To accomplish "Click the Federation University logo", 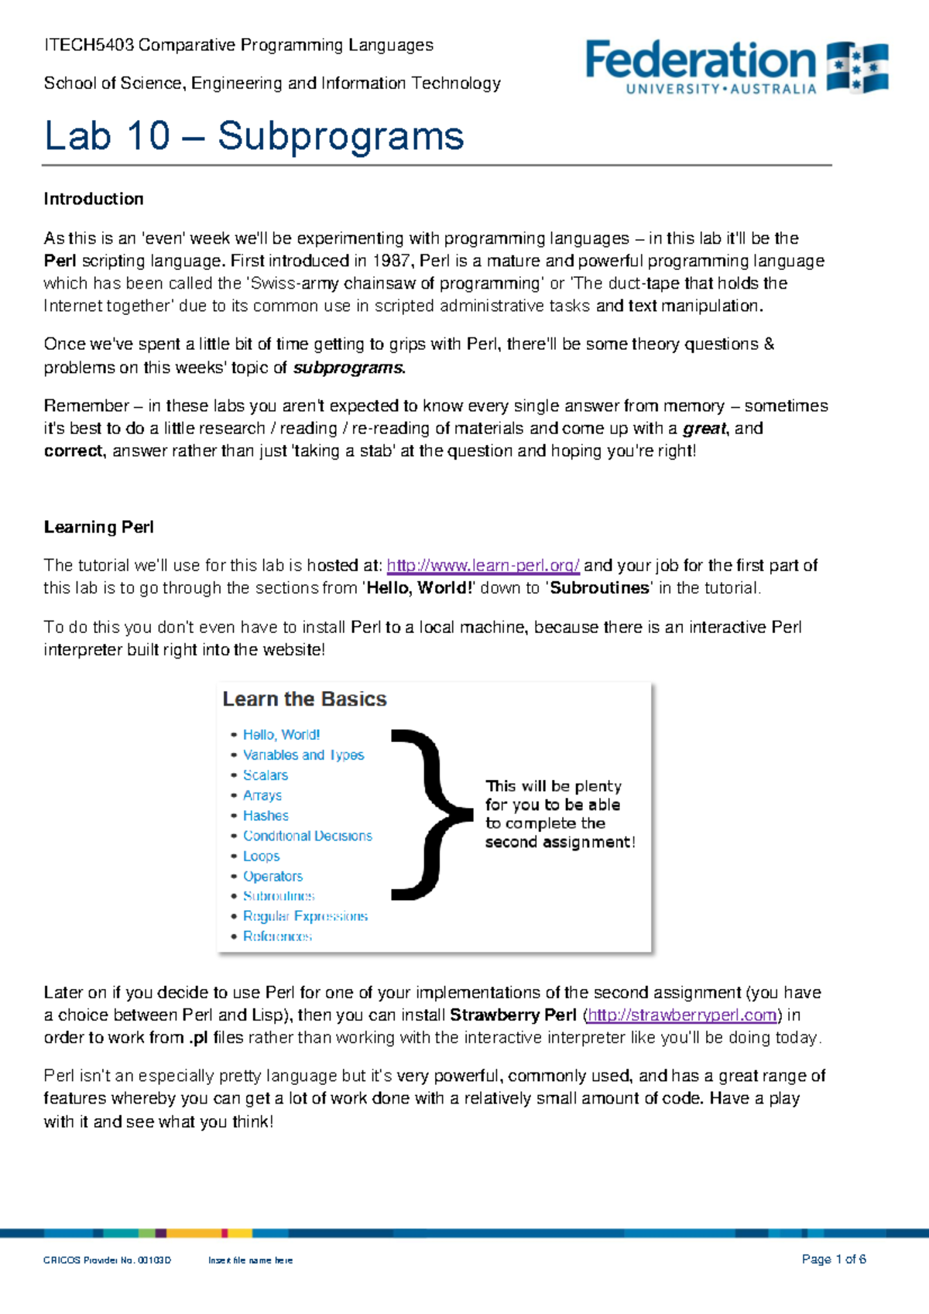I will point(736,67).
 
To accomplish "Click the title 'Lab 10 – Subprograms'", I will point(254,136).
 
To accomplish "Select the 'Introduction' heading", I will point(94,199).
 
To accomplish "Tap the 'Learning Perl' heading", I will point(98,527).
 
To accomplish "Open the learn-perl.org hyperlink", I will point(483,566).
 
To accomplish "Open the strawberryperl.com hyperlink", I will point(682,1015).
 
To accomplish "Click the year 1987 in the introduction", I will point(392,261).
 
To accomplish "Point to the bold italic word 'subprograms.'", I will point(348,368).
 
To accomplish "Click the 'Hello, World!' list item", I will point(281,734).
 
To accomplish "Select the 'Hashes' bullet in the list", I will point(266,816).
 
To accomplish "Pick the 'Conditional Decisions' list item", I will point(307,836).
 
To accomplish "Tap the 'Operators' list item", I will point(273,876).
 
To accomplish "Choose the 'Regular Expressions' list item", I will point(305,916).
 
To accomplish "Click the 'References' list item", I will point(277,936).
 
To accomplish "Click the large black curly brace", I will point(429,814).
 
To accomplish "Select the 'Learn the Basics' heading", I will point(304,699).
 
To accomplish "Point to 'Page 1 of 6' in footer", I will point(834,1259).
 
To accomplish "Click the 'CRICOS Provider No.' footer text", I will point(107,1261).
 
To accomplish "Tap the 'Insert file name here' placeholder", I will point(250,1261).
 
